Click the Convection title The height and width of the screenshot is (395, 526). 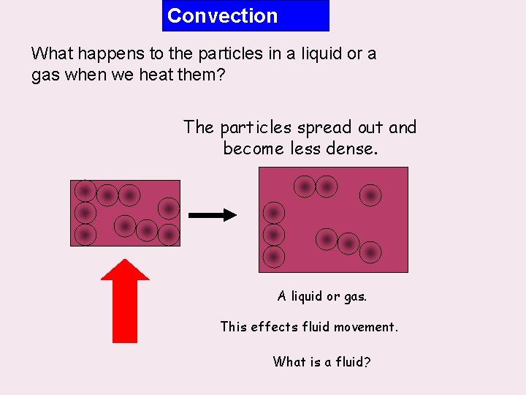click(223, 16)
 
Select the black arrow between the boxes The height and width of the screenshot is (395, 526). click(213, 215)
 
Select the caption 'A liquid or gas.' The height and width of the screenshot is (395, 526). click(322, 296)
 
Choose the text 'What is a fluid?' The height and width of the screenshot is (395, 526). click(321, 361)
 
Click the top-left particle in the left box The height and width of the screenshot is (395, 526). click(85, 192)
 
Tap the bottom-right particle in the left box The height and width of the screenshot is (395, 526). click(169, 235)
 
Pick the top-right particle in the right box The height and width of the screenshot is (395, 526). click(370, 195)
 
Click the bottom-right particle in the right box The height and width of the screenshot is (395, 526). click(370, 252)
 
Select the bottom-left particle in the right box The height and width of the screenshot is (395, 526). click(274, 257)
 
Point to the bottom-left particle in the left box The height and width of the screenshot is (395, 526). click(85, 235)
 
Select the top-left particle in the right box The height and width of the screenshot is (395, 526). click(305, 187)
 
